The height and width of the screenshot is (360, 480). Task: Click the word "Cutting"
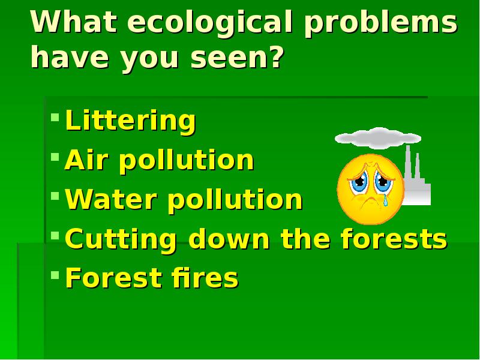pyautogui.click(x=121, y=240)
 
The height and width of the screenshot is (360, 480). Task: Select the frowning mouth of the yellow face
pyautogui.click(x=368, y=203)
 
